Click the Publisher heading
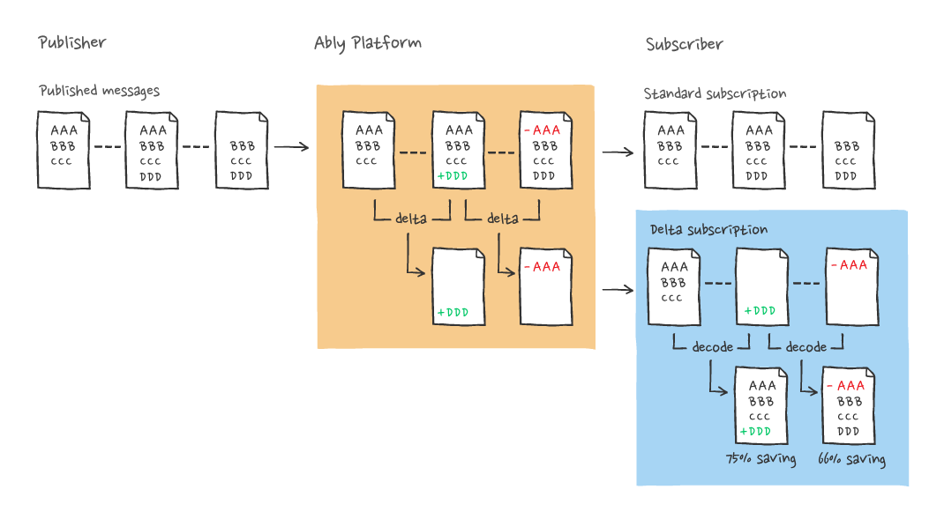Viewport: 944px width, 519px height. pyautogui.click(x=72, y=42)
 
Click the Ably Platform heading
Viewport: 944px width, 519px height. pyautogui.click(x=368, y=43)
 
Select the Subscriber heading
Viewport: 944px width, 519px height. pyautogui.click(x=684, y=44)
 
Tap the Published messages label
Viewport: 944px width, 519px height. pyautogui.click(x=100, y=91)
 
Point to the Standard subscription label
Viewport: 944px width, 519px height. pyautogui.click(x=715, y=93)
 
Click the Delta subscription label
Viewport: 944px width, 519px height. pyautogui.click(x=709, y=229)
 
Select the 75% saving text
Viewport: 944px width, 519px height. pyautogui.click(x=760, y=459)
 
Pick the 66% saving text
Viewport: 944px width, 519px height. pyautogui.click(x=851, y=459)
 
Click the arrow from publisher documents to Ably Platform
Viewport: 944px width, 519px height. pyautogui.click(x=291, y=147)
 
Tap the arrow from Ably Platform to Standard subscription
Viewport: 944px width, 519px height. pyautogui.click(x=618, y=152)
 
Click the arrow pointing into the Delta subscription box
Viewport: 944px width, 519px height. pyautogui.click(x=618, y=289)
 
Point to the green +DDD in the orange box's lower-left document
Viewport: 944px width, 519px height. pyautogui.click(x=452, y=312)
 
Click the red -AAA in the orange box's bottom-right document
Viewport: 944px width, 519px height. pyautogui.click(x=542, y=266)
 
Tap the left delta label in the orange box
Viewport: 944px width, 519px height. pyautogui.click(x=413, y=219)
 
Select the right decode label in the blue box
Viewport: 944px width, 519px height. pyautogui.click(x=805, y=347)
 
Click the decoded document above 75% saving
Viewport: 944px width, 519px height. pyautogui.click(x=761, y=406)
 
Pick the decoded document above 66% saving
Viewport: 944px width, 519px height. pyautogui.click(x=848, y=406)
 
